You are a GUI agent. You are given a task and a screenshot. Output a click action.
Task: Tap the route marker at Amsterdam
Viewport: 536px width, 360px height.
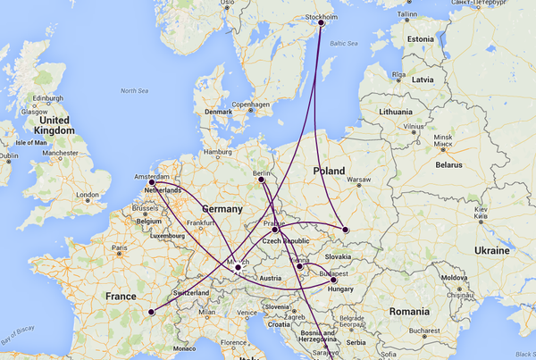coord(152,182)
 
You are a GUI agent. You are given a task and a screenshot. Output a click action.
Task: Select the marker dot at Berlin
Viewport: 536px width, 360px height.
coord(264,183)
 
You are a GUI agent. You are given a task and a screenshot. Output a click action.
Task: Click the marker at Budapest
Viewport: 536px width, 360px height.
coord(333,280)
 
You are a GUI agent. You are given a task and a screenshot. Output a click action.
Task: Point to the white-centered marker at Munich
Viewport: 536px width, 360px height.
coord(238,267)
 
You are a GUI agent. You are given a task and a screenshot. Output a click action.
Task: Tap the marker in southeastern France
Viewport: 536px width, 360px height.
coord(152,313)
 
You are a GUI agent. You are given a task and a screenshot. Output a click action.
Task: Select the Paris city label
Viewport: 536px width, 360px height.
coord(116,247)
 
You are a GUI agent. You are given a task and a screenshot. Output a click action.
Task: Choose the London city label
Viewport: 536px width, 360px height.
coord(88,195)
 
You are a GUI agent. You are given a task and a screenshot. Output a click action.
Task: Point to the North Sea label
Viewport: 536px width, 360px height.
coord(135,90)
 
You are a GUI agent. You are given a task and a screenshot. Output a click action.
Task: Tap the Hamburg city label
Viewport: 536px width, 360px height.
coord(218,153)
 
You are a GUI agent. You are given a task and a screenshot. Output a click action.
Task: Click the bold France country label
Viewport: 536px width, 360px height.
coord(121,297)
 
